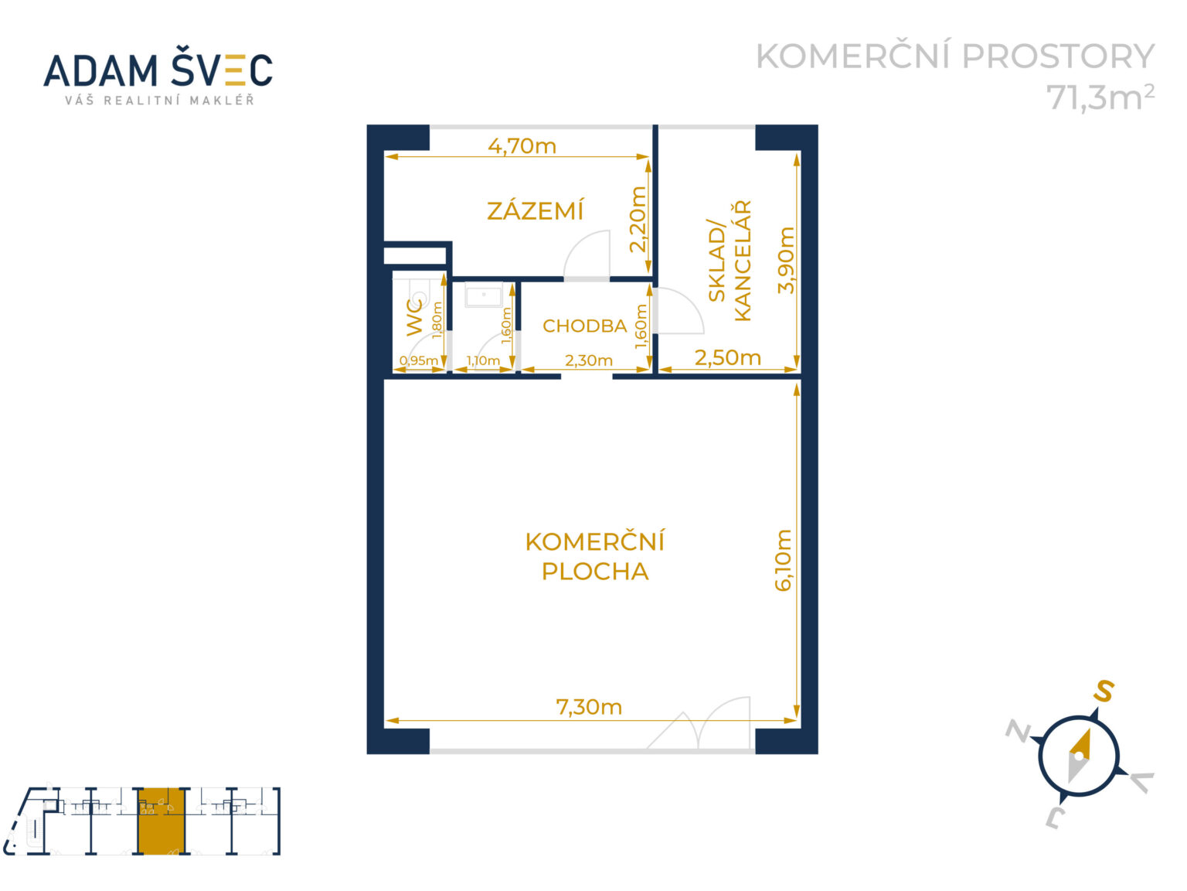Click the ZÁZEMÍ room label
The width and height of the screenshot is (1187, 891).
pyautogui.click(x=535, y=210)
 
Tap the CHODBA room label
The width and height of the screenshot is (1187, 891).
pyautogui.click(x=584, y=326)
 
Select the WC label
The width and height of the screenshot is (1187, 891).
pyautogui.click(x=415, y=317)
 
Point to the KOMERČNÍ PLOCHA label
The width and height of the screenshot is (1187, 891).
pyautogui.click(x=594, y=556)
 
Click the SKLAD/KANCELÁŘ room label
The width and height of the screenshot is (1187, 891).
pyautogui.click(x=730, y=261)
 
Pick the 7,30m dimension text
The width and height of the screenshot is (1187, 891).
pyautogui.click(x=589, y=707)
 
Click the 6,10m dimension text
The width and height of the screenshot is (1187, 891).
pyautogui.click(x=784, y=560)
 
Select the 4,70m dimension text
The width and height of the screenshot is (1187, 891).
pyautogui.click(x=522, y=145)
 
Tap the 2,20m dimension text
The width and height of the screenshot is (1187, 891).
pyautogui.click(x=638, y=219)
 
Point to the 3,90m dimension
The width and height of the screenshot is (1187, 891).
pyautogui.click(x=786, y=260)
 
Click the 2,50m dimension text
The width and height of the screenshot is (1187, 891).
pyautogui.click(x=727, y=357)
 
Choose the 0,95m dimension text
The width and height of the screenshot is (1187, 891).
pyautogui.click(x=419, y=360)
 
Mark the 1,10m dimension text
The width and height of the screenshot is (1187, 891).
pyautogui.click(x=483, y=360)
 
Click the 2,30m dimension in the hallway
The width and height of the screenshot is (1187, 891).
pyautogui.click(x=589, y=360)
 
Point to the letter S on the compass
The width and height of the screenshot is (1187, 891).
pyautogui.click(x=1103, y=691)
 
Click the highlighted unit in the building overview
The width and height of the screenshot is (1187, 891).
pyautogui.click(x=162, y=821)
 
